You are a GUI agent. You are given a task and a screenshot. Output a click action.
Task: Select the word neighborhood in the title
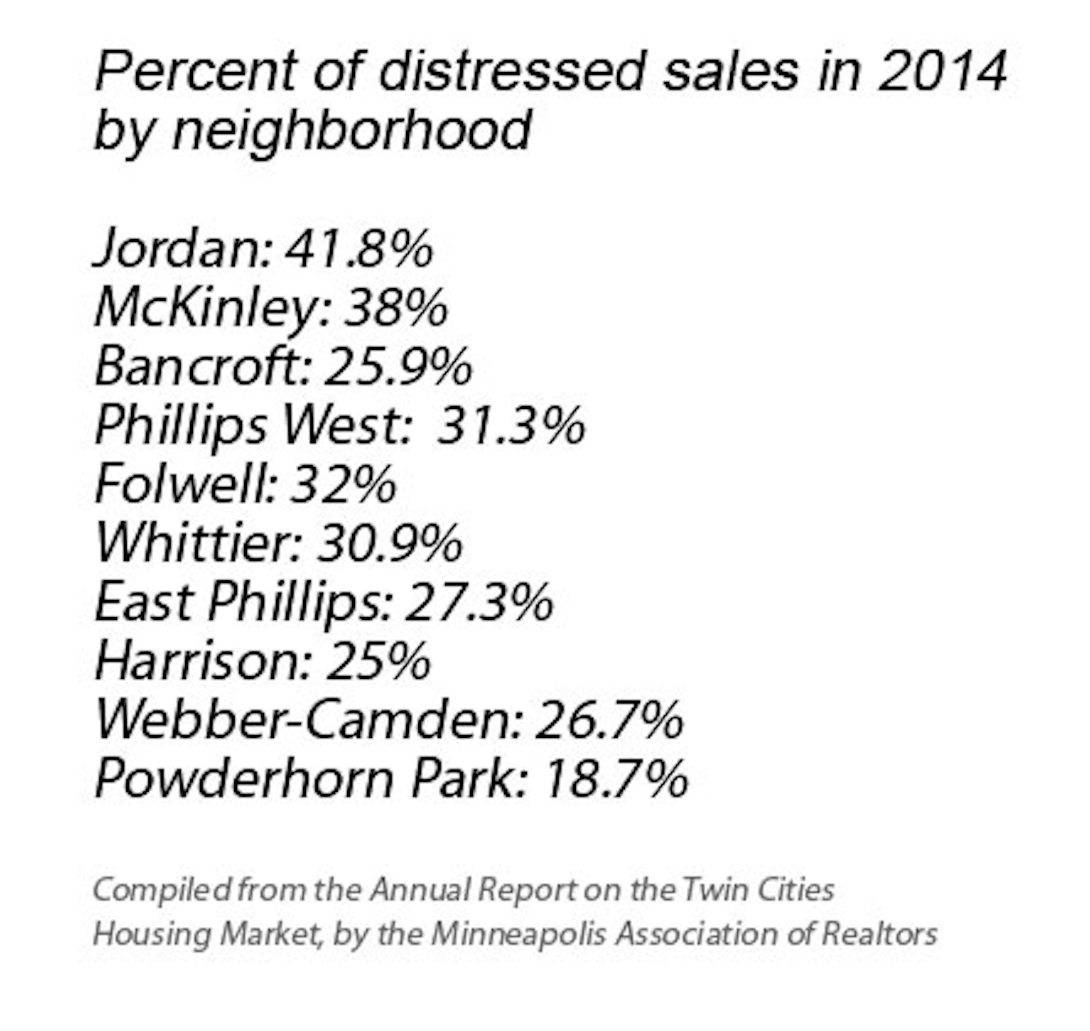352,131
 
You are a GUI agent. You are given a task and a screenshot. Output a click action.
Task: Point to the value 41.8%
359,249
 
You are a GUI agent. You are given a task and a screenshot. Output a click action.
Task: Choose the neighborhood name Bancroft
203,367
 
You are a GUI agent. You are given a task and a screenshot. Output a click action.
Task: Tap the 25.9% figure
398,367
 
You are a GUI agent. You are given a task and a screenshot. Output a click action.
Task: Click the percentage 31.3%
511,426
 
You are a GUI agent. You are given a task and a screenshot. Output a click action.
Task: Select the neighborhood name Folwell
185,485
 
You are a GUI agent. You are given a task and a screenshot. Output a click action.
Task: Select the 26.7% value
609,721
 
